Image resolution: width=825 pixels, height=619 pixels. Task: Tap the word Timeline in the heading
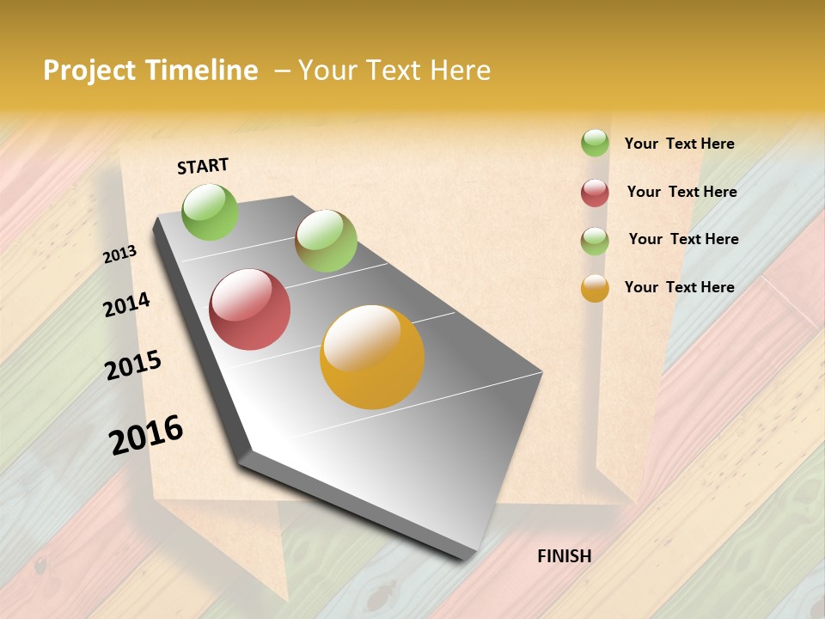pos(203,70)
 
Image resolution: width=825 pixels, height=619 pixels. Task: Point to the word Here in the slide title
pos(460,70)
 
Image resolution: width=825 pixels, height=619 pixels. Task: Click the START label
pos(203,166)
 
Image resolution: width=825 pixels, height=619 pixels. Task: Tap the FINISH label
pos(564,556)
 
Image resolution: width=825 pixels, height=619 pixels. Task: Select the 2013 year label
pos(119,254)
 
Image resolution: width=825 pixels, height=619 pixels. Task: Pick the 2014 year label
pos(126,305)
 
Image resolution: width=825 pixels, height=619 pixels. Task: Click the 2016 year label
pos(146,435)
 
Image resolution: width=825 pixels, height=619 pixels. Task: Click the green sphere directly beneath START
pos(210,211)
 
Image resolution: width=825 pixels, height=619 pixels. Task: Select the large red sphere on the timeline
pos(250,309)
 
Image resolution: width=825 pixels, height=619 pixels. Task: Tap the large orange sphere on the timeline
pos(372,357)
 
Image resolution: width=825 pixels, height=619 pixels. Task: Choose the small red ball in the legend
pos(595,193)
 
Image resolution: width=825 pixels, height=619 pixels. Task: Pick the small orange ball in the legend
pos(595,288)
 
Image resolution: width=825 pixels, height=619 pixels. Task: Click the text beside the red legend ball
pos(681,192)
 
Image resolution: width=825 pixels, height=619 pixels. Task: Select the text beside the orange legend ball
pos(679,287)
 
